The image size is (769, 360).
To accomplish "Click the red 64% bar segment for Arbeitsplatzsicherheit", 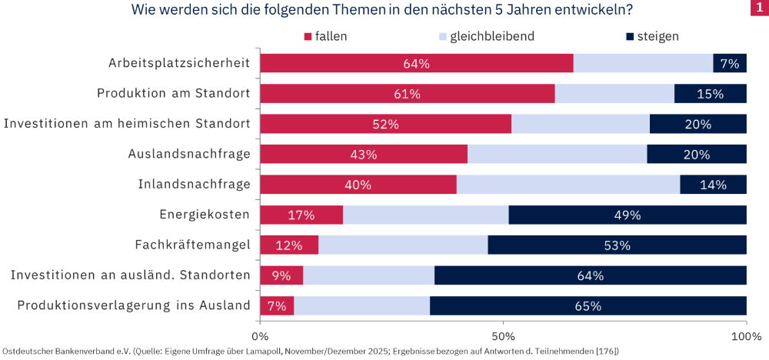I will coord(416,64).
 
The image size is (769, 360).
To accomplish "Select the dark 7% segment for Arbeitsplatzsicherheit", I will coord(730,64).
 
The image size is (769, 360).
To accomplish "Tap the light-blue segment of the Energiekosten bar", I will coord(425,215).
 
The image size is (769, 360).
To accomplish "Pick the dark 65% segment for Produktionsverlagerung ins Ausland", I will coord(588,305).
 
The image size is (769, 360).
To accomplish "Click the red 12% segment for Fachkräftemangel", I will coord(289,245).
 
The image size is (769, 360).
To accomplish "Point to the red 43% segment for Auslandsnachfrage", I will coord(363,155).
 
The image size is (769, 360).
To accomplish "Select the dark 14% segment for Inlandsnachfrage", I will coord(713,185).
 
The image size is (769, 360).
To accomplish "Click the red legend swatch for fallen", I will coord(309,37).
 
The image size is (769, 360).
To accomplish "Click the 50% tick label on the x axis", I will coord(503,337).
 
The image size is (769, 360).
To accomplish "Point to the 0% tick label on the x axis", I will coord(261,337).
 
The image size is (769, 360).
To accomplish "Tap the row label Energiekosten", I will coord(205,215).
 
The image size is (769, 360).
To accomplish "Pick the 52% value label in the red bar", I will coord(385,125).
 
